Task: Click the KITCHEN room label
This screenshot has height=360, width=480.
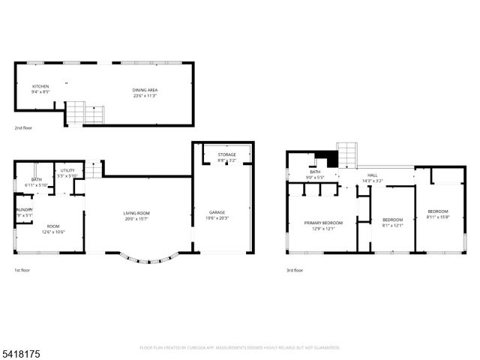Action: [x=40, y=87]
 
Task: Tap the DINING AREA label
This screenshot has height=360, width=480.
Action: [x=145, y=90]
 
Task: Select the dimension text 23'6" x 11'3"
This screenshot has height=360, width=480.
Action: [x=145, y=96]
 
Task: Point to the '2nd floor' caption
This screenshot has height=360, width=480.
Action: [x=24, y=128]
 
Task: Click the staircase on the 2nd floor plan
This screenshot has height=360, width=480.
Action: [x=84, y=114]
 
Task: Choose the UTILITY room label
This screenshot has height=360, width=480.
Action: [x=68, y=171]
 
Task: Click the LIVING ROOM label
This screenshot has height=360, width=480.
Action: [x=136, y=214]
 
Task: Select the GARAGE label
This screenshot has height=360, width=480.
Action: [x=217, y=212]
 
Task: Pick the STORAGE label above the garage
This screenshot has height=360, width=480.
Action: [x=226, y=154]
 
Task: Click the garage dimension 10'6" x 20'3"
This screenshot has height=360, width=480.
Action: [x=217, y=218]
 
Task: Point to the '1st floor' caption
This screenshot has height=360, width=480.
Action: [x=22, y=270]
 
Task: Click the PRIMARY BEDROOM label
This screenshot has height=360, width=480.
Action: [x=323, y=223]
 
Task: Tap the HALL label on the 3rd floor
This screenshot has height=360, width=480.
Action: [x=372, y=175]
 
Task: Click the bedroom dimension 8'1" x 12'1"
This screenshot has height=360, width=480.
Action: [x=393, y=225]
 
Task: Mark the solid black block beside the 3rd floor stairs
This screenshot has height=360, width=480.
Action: [x=324, y=158]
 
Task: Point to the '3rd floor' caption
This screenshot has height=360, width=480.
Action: [x=295, y=270]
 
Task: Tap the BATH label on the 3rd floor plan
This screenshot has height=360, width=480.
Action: [x=315, y=172]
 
